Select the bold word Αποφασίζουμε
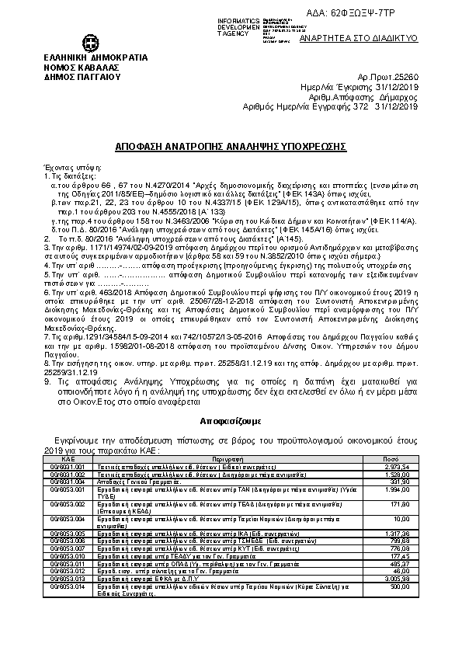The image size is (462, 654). (231, 416)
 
